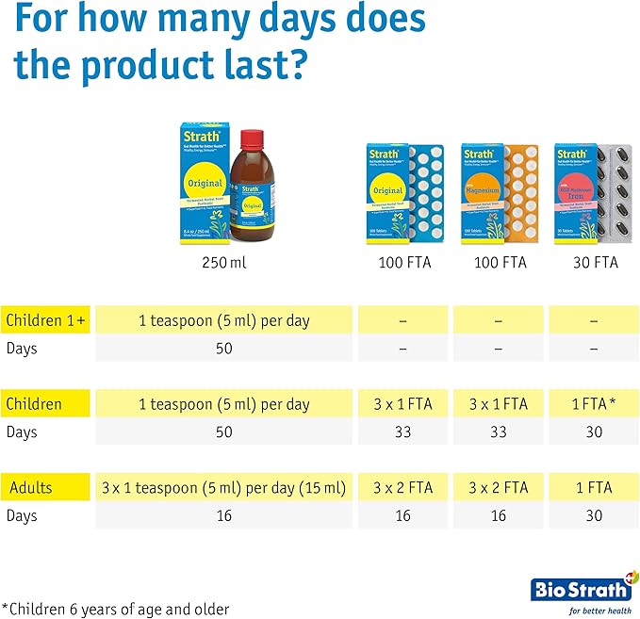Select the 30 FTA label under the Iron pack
(x=594, y=262)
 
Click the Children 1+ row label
(x=45, y=320)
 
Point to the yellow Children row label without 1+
(x=34, y=404)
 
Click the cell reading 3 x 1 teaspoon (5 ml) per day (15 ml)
(x=224, y=488)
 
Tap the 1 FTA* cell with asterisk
(x=594, y=404)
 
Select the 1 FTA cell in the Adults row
(x=594, y=488)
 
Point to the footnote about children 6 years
(x=115, y=609)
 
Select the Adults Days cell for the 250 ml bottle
(x=224, y=516)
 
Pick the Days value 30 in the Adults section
(x=594, y=516)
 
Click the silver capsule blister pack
(x=616, y=196)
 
